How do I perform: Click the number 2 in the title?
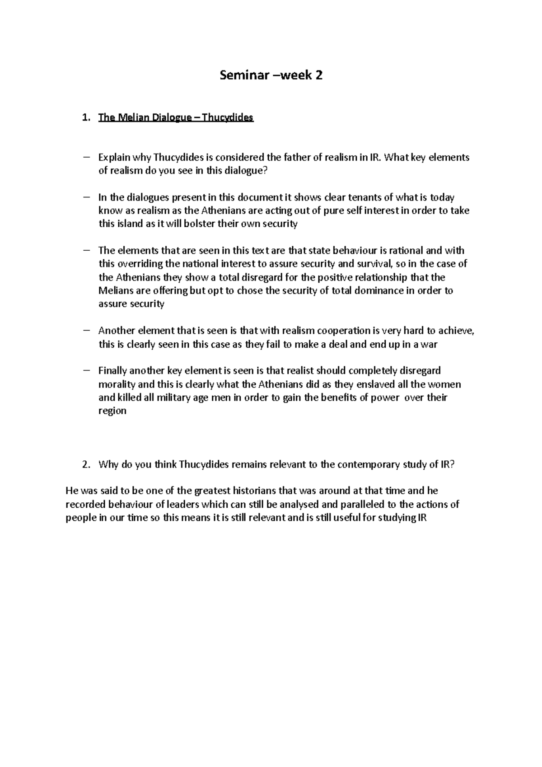point(319,75)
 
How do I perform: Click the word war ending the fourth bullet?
point(429,344)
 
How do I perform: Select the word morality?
point(117,384)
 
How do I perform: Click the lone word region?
point(112,411)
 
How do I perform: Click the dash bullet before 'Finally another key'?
point(87,371)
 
